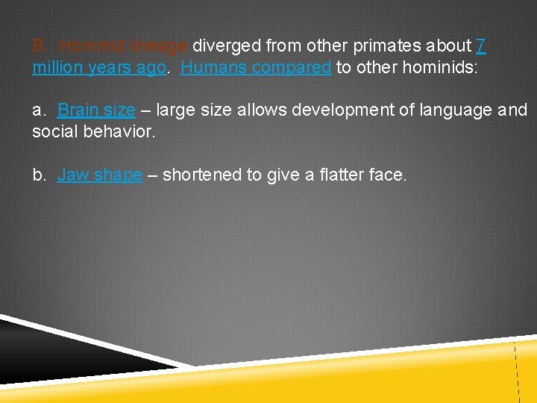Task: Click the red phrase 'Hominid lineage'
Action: pyautogui.click(x=125, y=46)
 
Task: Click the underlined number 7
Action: pyautogui.click(x=481, y=46)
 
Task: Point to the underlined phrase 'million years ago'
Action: pyautogui.click(x=98, y=67)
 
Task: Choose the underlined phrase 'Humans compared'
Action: pyautogui.click(x=256, y=67)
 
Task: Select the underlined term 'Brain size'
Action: pyautogui.click(x=96, y=110)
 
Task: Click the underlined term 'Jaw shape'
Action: pyautogui.click(x=99, y=175)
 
